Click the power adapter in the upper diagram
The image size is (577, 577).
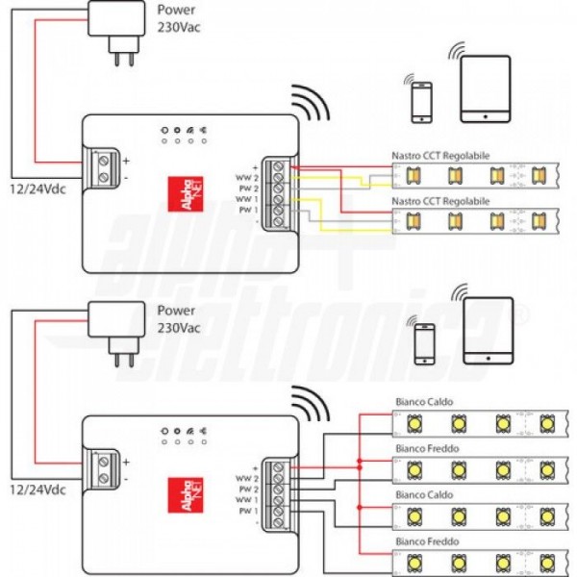tap(114, 27)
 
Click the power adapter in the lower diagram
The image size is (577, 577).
tap(114, 330)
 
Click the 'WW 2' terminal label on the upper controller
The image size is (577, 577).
tap(248, 178)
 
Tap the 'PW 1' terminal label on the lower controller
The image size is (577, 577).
tap(248, 512)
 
